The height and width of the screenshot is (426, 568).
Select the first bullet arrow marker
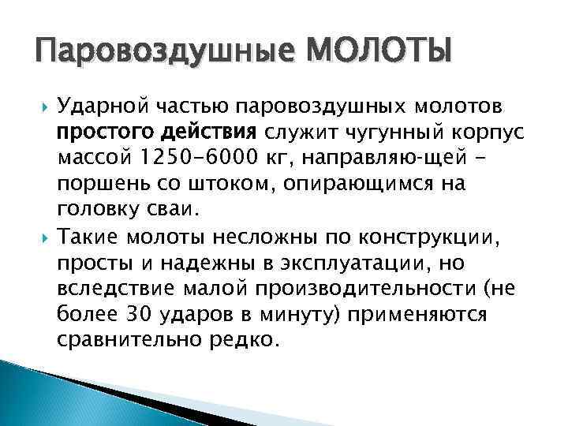tap(43, 106)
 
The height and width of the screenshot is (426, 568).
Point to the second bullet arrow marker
tap(43, 234)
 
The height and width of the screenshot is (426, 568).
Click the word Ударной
tap(95, 106)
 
